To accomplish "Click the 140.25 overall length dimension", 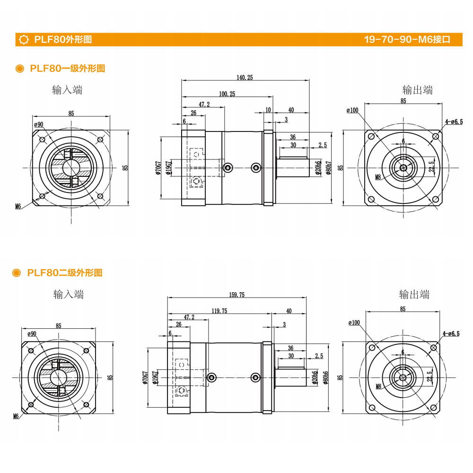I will tap(245, 78).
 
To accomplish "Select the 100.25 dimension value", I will tap(227, 94).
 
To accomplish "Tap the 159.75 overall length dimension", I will tap(236, 295).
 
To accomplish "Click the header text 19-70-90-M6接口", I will tap(406, 40).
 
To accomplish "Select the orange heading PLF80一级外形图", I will tap(67, 69).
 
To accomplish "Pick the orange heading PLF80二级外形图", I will tap(65, 273).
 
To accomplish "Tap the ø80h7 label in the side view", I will tap(328, 168).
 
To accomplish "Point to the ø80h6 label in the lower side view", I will tap(325, 377).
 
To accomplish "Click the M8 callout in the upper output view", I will tap(378, 177).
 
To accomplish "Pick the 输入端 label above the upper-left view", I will tap(67, 90).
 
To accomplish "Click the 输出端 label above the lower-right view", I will tap(414, 295).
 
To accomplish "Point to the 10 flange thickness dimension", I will tap(268, 110).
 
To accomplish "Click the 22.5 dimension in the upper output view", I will tap(431, 167).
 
